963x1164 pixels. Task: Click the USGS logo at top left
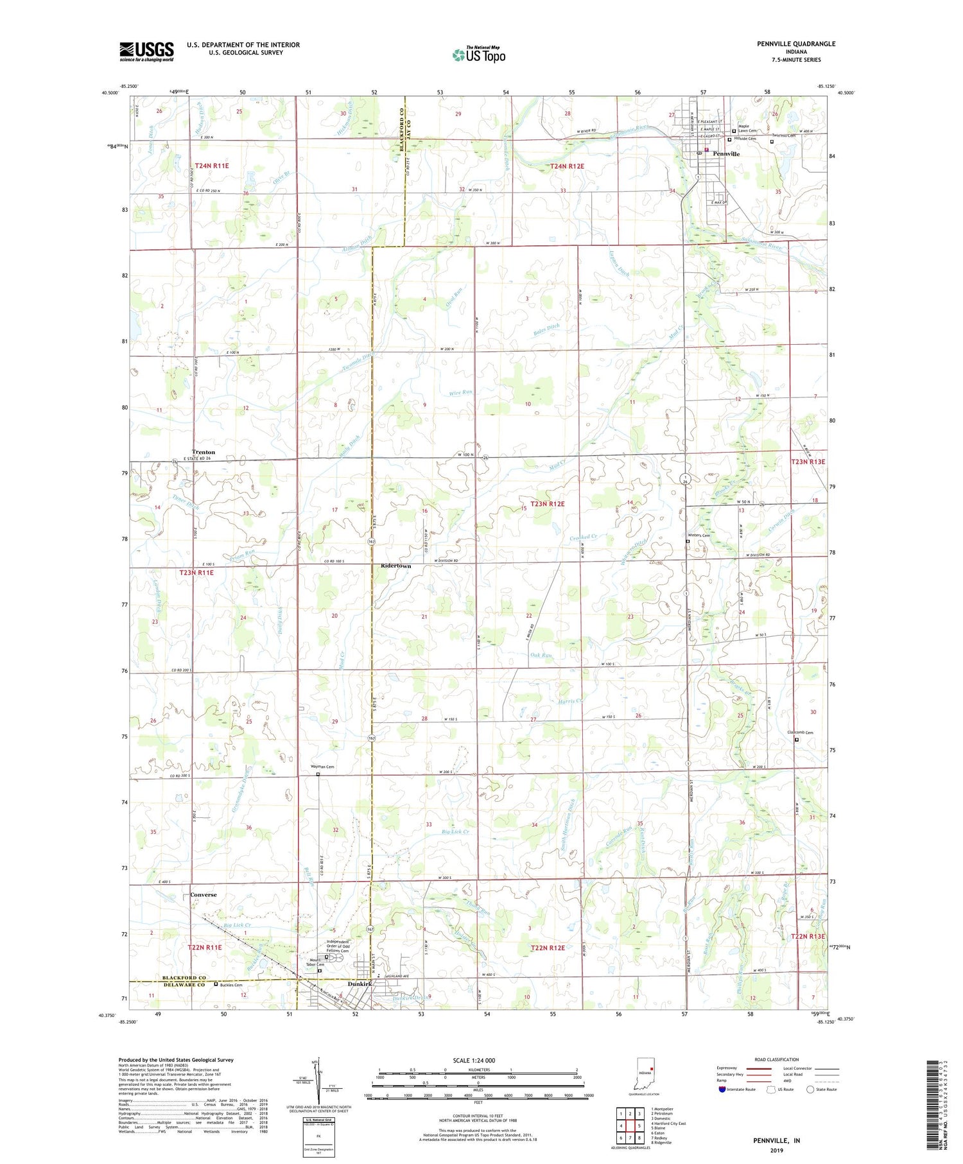[146, 51]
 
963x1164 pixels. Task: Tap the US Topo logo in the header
[478, 55]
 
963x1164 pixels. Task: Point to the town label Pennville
[726, 154]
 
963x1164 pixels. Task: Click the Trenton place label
[204, 452]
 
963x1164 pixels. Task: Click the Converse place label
[204, 894]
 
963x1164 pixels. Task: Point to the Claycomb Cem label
[800, 733]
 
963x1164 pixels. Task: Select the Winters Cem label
[699, 535]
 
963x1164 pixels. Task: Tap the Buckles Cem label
[231, 985]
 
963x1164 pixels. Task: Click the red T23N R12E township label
[547, 504]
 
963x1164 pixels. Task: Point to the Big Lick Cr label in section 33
[456, 832]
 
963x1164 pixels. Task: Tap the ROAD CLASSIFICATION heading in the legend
[777, 1059]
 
